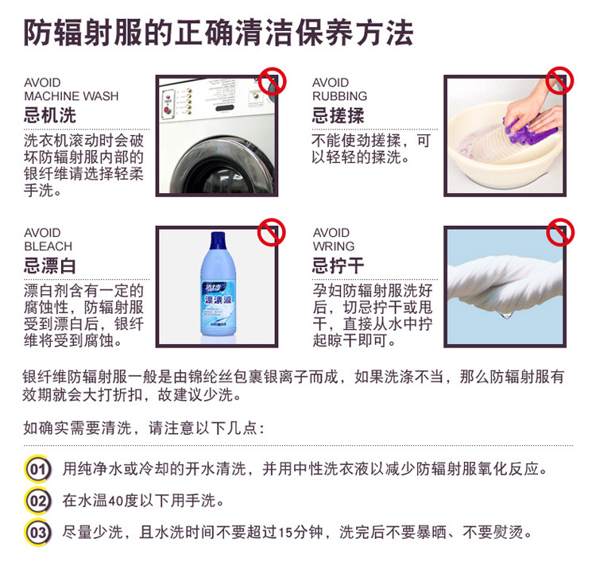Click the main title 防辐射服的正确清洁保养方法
click(219, 33)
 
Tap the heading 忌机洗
click(50, 115)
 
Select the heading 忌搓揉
click(338, 115)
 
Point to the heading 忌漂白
click(50, 266)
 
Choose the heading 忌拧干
click(338, 266)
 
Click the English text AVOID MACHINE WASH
click(71, 89)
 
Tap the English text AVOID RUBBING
click(340, 89)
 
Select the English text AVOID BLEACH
click(48, 239)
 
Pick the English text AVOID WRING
click(333, 239)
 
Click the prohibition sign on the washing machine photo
click(272, 81)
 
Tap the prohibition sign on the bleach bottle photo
click(272, 232)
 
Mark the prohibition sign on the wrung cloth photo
click(560, 232)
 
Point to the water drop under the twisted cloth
click(506, 314)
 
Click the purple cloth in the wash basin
click(528, 130)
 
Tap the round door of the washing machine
click(223, 167)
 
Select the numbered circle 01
click(37, 469)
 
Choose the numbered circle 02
click(37, 500)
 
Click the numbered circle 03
click(37, 532)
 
